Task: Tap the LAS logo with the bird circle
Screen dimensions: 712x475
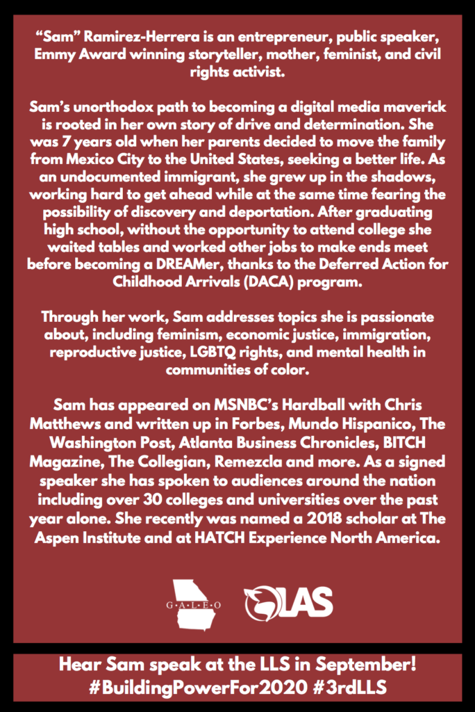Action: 288,603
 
